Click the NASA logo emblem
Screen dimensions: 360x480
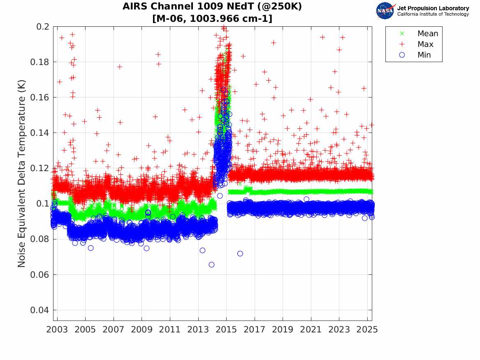(386, 10)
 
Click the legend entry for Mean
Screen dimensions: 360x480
(427, 34)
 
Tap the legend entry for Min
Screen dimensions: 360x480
(424, 55)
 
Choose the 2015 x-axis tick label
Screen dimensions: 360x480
(226, 330)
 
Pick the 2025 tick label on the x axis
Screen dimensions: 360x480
(367, 330)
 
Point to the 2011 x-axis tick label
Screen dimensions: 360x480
(170, 330)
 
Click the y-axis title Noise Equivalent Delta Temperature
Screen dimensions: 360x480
(22, 173)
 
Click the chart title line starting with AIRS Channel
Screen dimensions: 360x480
(212, 7)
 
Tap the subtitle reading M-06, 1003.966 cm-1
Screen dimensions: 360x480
(212, 19)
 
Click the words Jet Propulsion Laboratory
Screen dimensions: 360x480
(433, 8)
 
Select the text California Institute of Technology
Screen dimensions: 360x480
(433, 14)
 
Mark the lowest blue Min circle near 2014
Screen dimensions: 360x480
(211, 265)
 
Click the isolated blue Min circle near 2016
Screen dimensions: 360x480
(240, 253)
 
